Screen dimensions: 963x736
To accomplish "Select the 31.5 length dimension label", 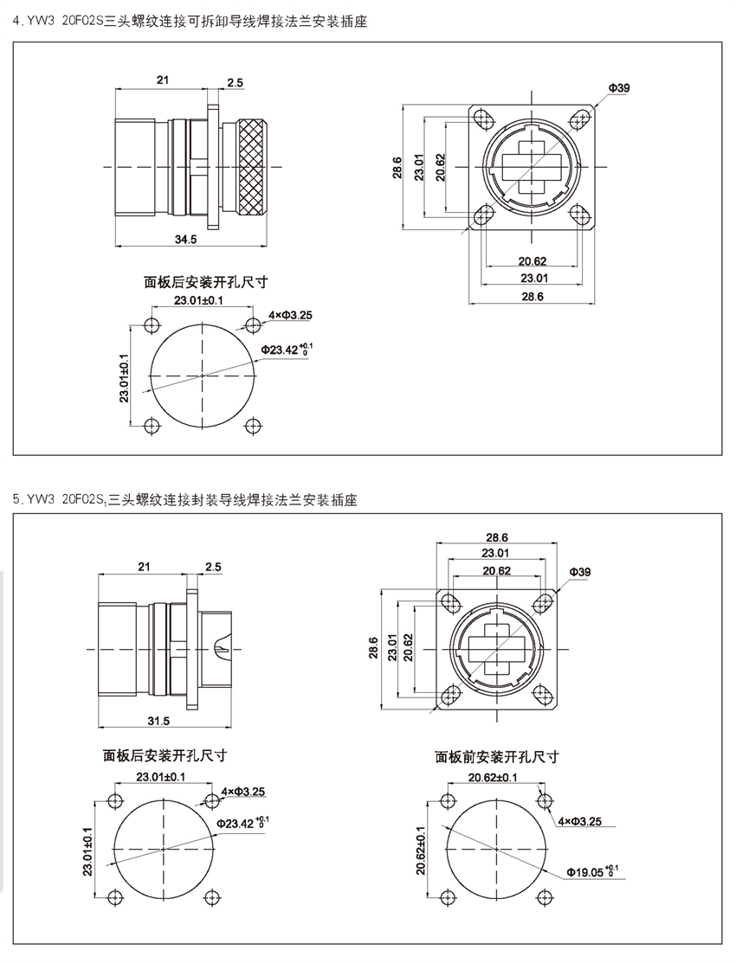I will click(x=158, y=721).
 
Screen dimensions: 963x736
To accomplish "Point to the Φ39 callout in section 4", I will click(x=618, y=88).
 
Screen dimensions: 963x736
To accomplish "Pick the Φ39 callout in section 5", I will click(x=580, y=573).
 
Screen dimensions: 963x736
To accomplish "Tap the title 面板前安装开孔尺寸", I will click(x=496, y=757).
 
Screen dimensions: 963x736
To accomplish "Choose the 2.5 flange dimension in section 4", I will click(x=235, y=82).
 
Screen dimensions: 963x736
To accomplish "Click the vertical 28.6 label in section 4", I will click(x=397, y=167).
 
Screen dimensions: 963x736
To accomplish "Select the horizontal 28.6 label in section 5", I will click(x=496, y=537).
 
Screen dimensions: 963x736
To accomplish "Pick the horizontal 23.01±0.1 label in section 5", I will click(x=160, y=777).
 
